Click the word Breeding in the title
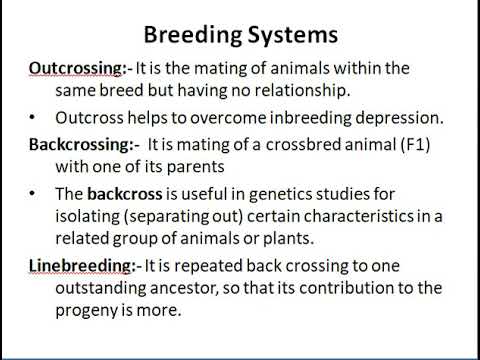point(190,35)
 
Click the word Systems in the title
point(289,35)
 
